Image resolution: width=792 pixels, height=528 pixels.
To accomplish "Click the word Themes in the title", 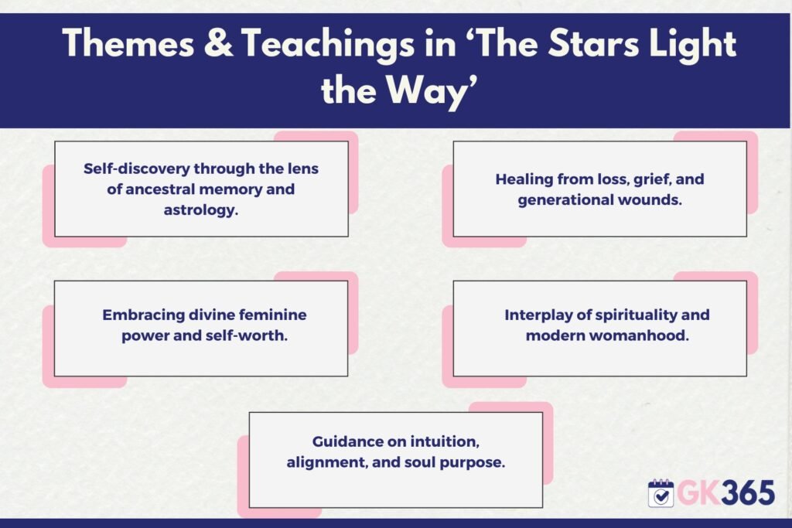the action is point(128,43).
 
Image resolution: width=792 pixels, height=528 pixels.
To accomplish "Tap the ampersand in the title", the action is point(218,43).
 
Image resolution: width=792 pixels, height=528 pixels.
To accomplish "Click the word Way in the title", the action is point(428,92).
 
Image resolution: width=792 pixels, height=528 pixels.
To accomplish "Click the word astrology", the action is point(201,210).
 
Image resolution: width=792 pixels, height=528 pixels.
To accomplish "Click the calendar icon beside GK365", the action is point(661,493).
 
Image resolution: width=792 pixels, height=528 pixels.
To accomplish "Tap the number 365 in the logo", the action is point(748,492).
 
